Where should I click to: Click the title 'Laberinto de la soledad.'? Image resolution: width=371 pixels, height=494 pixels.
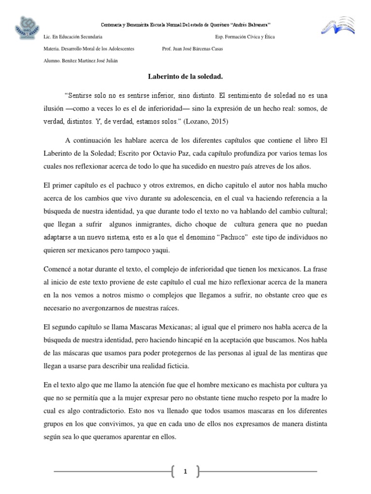(185, 76)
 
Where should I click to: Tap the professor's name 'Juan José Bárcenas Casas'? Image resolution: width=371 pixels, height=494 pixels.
(193, 49)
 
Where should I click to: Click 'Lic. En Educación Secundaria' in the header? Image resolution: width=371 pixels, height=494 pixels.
(72, 37)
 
